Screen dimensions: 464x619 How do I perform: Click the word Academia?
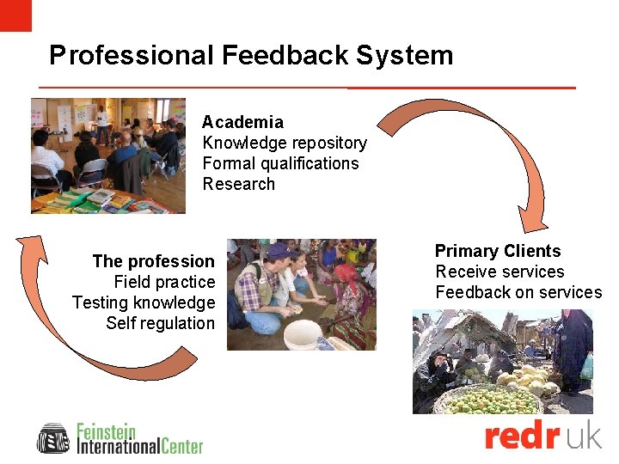(242, 122)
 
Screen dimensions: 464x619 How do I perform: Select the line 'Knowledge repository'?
(285, 143)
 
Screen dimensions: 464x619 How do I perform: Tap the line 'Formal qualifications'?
(280, 163)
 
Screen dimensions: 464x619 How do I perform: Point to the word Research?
(238, 184)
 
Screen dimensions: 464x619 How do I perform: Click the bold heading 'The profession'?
(153, 261)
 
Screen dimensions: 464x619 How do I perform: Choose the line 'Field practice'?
(164, 282)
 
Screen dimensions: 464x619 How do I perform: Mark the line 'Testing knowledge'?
(144, 302)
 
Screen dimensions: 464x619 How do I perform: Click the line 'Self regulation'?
(160, 323)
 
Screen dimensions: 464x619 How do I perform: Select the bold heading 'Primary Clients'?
(498, 251)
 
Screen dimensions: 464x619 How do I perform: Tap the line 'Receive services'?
(499, 272)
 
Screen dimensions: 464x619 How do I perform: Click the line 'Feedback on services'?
(518, 292)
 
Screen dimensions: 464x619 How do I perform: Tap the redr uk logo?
(542, 437)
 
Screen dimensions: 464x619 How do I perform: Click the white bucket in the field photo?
(303, 334)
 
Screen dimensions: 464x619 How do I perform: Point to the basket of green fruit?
(488, 400)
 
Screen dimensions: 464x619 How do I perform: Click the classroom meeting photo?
(107, 155)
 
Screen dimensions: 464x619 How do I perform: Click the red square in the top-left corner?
(15, 15)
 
